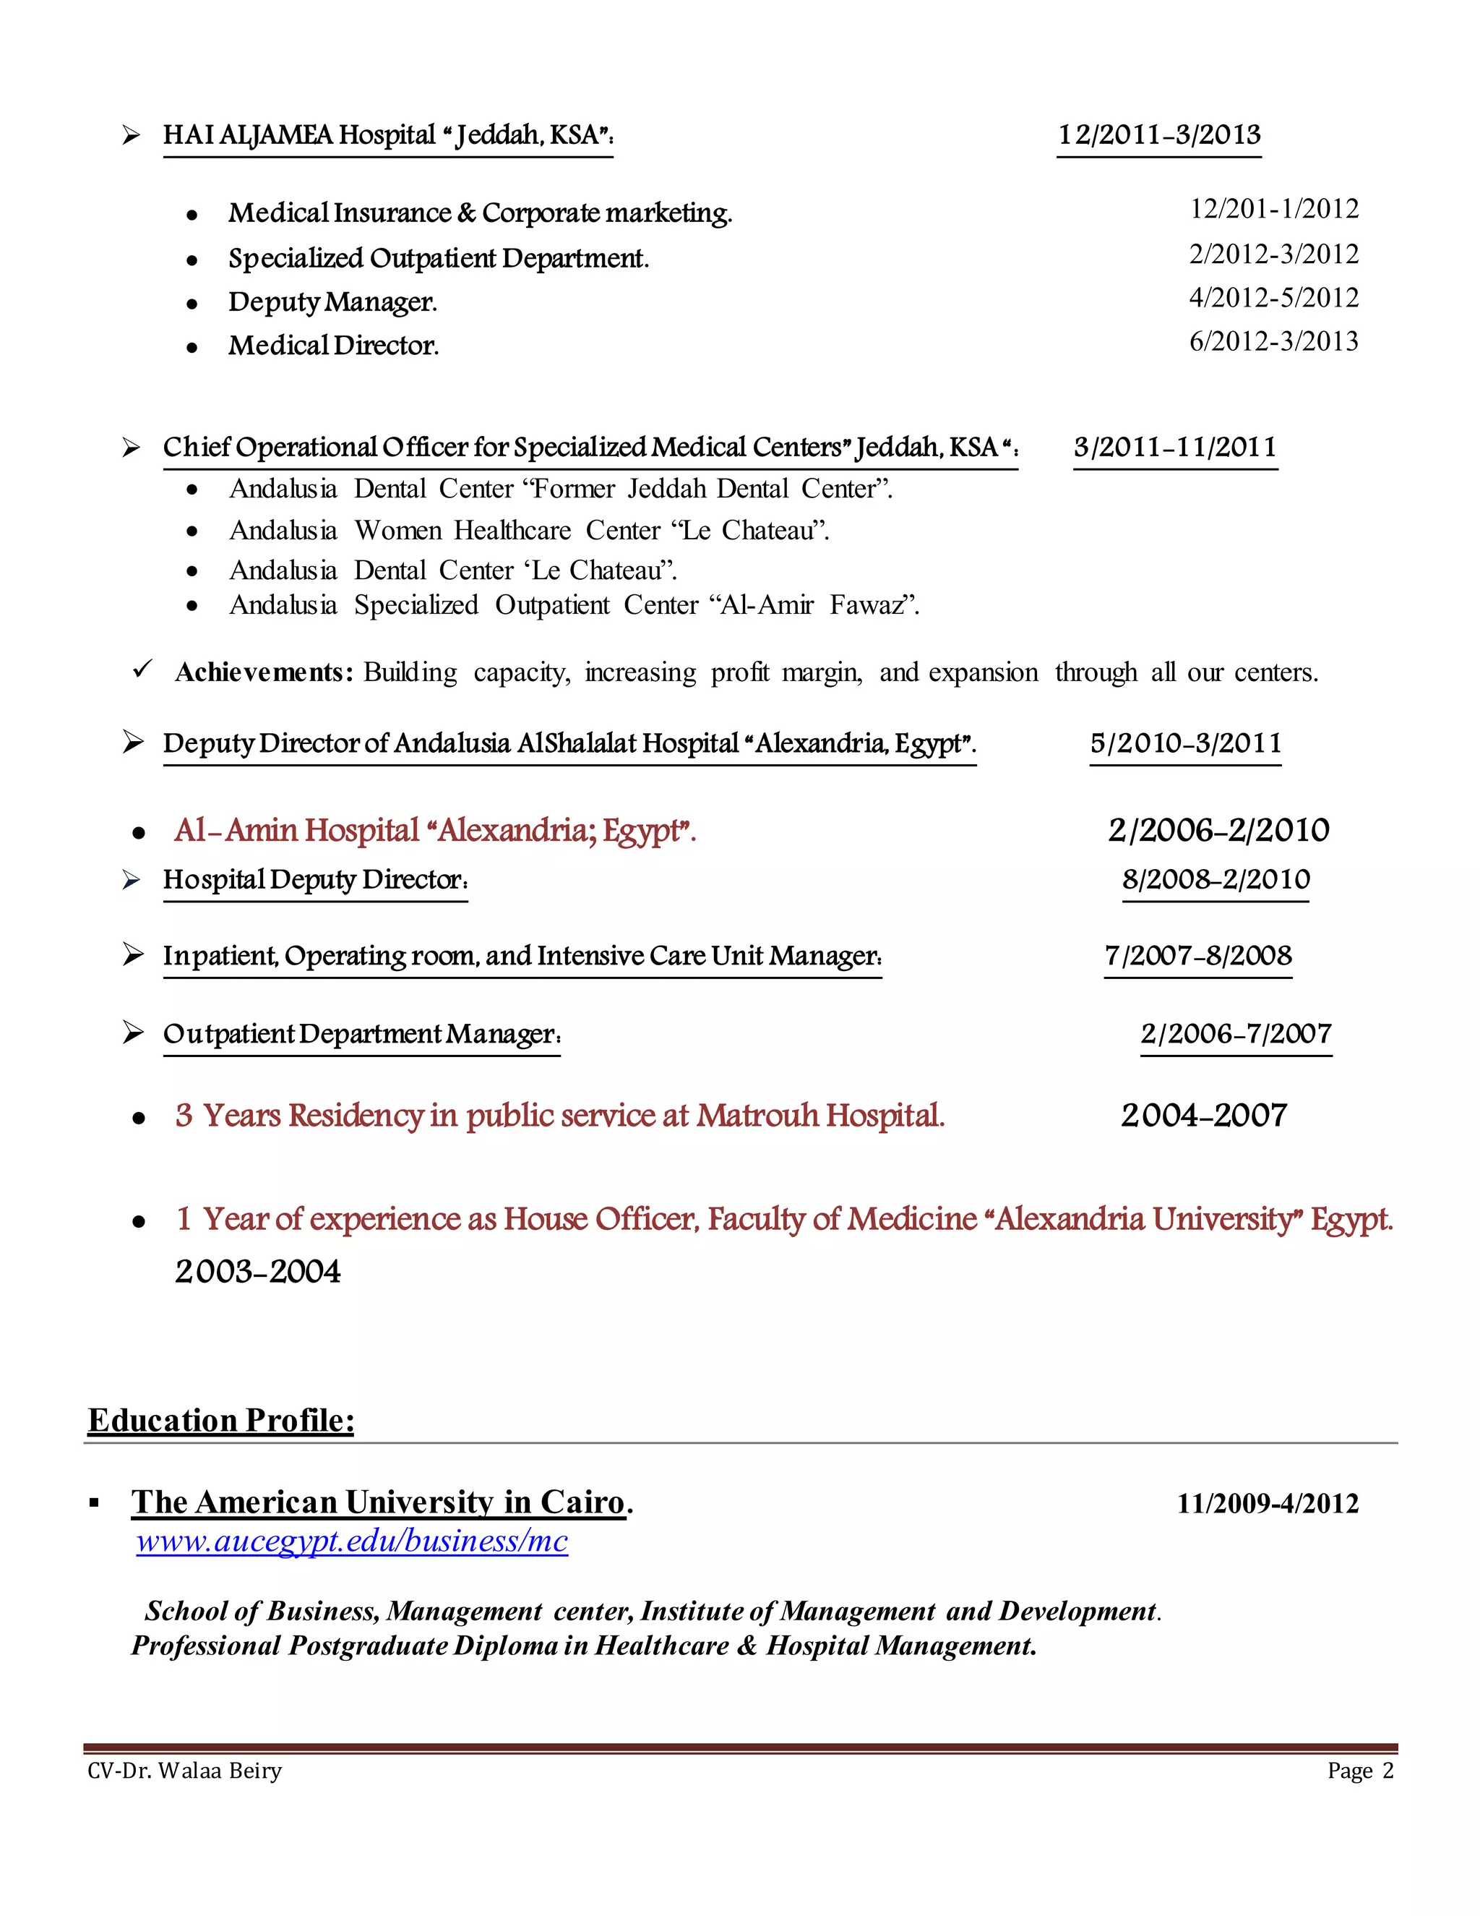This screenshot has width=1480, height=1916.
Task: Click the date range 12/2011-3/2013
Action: click(1158, 135)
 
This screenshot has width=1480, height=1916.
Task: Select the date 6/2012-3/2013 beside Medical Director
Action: click(1273, 341)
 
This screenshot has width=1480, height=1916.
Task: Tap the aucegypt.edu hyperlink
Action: click(352, 1541)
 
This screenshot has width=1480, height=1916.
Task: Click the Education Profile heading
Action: click(221, 1420)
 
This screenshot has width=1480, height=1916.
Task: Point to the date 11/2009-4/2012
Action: click(1267, 1504)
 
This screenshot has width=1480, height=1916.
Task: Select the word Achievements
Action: click(263, 673)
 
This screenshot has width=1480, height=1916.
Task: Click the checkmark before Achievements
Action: click(142, 670)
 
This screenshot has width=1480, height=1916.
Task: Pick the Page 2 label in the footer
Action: click(1360, 1771)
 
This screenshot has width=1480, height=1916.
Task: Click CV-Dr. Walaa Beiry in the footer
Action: click(185, 1771)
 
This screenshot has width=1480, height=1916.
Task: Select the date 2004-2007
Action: click(1203, 1116)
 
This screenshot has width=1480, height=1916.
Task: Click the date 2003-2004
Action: click(258, 1271)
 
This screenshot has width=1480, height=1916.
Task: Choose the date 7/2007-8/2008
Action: click(1197, 955)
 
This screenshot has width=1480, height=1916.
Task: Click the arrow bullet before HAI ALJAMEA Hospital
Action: click(132, 135)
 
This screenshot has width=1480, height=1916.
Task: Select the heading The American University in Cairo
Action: click(378, 1503)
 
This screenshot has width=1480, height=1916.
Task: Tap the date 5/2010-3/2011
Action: click(1185, 743)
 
